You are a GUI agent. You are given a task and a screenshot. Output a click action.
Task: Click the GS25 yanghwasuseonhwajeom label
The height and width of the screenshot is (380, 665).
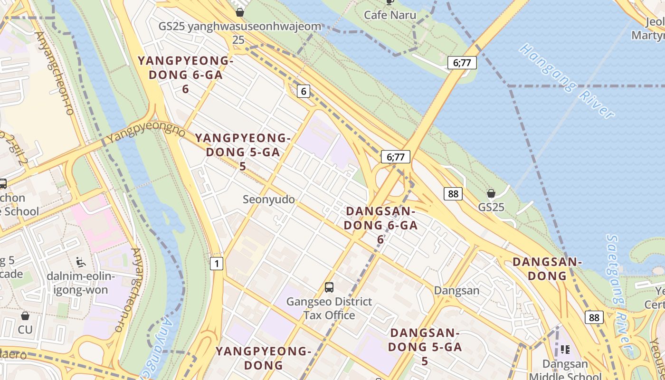pos(239,26)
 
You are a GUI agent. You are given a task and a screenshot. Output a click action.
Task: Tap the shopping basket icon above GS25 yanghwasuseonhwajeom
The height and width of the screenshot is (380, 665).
pos(240,12)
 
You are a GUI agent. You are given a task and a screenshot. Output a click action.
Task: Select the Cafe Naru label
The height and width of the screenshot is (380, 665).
pos(390,15)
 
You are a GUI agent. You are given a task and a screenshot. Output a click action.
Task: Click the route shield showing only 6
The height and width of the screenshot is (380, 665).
pos(304,91)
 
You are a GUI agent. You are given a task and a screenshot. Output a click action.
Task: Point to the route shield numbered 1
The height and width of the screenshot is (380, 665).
pos(216,263)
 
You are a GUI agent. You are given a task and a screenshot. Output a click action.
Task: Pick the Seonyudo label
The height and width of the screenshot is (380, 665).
pos(269,199)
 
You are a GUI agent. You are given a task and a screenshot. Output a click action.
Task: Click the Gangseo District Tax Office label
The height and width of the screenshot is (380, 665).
pos(329,308)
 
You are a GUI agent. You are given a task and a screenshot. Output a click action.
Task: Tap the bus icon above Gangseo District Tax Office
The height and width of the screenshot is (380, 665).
pos(329,287)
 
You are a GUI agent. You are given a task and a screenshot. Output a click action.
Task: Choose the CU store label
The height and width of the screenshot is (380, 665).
pos(25,329)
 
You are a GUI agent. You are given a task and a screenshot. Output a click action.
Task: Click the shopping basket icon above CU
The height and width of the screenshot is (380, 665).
pos(25,315)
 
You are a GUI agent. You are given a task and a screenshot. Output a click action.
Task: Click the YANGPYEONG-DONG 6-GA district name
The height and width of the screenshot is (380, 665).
pos(185,75)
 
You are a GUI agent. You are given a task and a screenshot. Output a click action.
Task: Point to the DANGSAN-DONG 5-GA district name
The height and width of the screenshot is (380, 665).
pos(425,347)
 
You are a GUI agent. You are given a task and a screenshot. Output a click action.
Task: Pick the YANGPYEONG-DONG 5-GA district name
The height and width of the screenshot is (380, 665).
pos(242,152)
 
